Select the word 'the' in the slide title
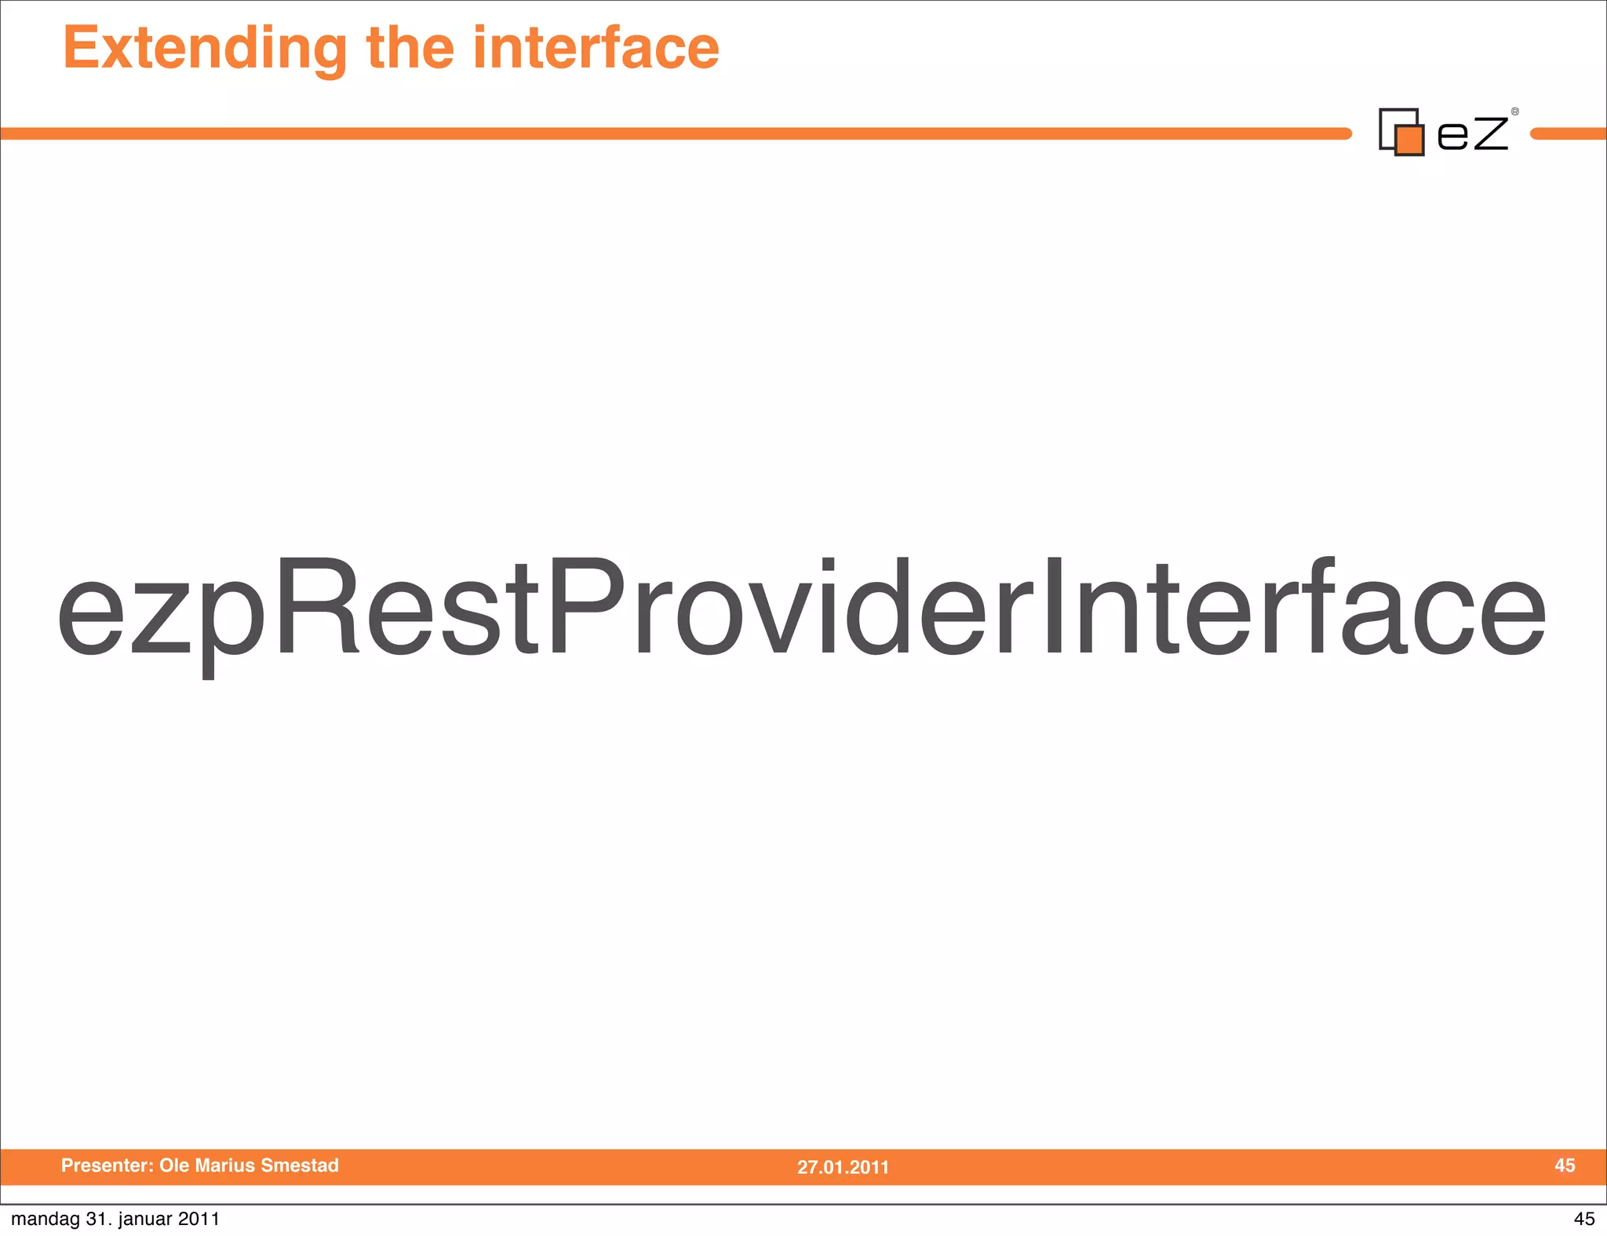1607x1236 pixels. [410, 49]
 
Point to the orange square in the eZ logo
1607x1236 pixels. [1410, 140]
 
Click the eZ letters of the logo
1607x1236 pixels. [1472, 133]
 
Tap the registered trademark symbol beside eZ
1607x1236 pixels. [1515, 112]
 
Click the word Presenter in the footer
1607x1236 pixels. [107, 1165]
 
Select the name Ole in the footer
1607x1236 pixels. [173, 1165]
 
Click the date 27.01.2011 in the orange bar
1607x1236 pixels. [843, 1167]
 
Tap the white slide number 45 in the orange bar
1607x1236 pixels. [1565, 1165]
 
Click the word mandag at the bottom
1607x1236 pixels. [46, 1219]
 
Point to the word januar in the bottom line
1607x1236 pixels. [145, 1219]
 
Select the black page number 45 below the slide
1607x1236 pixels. [1584, 1219]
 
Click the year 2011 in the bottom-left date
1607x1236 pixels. [199, 1219]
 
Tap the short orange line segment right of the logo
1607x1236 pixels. [1569, 134]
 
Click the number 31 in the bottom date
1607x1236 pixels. [96, 1219]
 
